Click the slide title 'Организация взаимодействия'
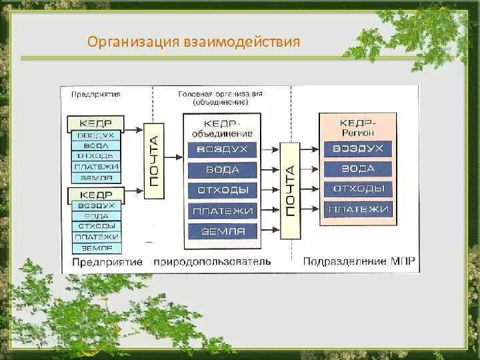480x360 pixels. [194, 43]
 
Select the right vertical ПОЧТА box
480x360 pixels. [290, 191]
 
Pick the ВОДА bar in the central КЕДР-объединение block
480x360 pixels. [222, 169]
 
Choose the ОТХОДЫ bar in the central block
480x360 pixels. [222, 190]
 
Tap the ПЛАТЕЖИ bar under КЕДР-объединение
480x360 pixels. [222, 211]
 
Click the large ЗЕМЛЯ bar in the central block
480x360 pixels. [222, 231]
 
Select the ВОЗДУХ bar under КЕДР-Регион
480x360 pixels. [358, 149]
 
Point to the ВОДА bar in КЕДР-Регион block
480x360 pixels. [358, 169]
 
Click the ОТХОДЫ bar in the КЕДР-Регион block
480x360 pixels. [358, 189]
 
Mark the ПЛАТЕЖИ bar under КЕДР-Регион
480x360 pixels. [358, 209]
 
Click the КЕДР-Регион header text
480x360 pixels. [358, 127]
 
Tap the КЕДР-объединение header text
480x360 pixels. [222, 128]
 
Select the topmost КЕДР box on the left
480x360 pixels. [95, 123]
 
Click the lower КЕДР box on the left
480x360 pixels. [95, 195]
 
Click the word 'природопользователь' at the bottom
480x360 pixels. [211, 261]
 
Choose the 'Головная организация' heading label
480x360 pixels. [220, 94]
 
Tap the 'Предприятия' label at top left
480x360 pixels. [95, 94]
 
